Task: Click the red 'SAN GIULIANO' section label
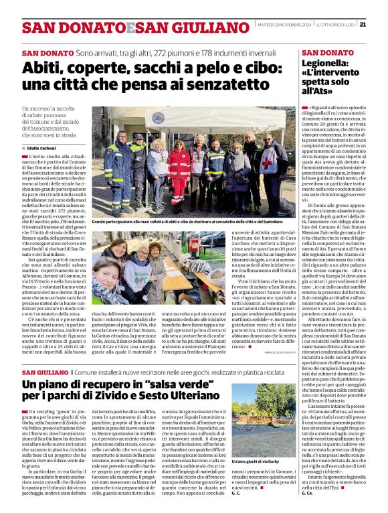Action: click(x=45, y=371)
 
